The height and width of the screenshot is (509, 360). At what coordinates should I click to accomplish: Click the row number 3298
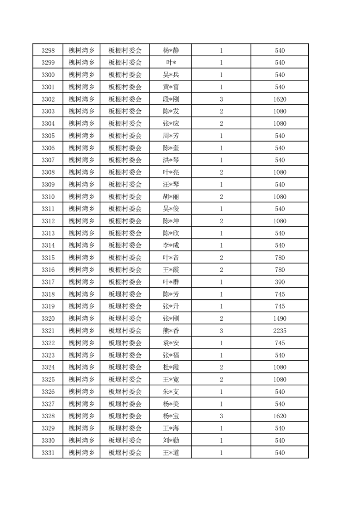(48, 50)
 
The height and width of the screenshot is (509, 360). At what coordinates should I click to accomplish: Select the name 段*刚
(170, 99)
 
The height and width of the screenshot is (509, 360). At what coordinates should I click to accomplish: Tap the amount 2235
(280, 331)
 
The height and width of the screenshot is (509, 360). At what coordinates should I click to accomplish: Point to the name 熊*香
(170, 331)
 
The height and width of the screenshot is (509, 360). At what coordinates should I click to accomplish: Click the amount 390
(280, 282)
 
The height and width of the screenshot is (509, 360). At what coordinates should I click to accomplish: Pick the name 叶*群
(170, 282)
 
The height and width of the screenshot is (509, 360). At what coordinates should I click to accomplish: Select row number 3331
(48, 452)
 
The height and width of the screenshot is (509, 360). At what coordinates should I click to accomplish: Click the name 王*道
(170, 452)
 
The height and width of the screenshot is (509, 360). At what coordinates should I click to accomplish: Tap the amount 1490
(280, 318)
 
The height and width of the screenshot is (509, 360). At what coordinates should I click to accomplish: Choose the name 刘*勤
(170, 440)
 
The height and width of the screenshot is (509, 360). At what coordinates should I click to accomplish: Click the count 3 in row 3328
(221, 416)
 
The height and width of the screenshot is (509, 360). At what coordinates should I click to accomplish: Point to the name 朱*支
(170, 392)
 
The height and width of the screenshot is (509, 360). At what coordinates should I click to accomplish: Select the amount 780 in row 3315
(280, 258)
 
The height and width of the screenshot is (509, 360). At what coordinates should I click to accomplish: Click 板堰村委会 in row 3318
(125, 294)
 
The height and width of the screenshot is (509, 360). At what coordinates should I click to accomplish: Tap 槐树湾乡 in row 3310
(81, 197)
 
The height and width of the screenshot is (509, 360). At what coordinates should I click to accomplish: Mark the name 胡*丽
(170, 197)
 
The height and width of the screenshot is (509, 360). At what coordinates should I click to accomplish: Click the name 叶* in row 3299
(170, 63)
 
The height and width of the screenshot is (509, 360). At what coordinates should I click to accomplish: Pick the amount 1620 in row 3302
(280, 99)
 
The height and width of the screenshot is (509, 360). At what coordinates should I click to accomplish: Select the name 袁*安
(170, 343)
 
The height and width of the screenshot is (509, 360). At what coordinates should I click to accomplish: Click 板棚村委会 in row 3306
(125, 148)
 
